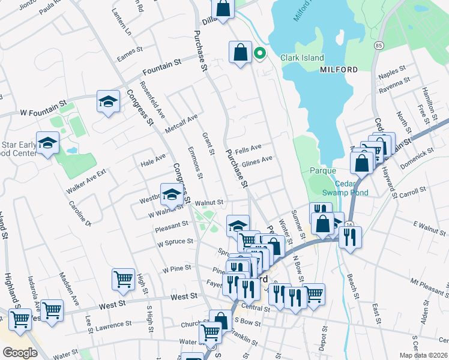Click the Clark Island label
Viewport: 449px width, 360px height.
click(302, 58)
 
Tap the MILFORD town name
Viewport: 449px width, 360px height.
click(339, 70)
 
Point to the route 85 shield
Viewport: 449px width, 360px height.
click(378, 45)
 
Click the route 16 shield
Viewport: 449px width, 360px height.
click(350, 223)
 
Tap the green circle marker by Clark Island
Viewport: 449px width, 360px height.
click(260, 53)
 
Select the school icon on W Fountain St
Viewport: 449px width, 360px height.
click(108, 101)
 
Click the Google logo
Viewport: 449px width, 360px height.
click(20, 353)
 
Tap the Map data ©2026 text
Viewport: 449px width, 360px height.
click(423, 355)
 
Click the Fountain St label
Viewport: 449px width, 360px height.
click(166, 64)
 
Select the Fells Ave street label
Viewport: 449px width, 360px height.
click(248, 148)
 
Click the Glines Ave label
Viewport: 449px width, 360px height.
click(258, 160)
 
